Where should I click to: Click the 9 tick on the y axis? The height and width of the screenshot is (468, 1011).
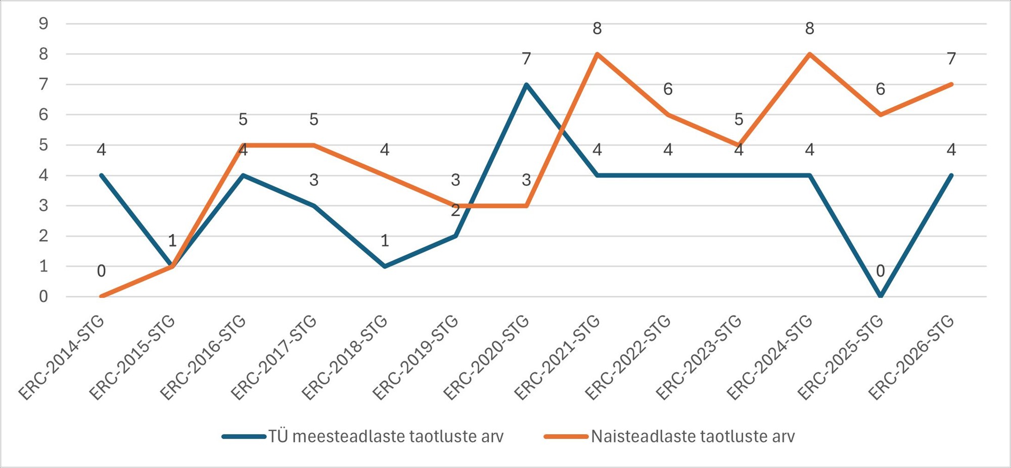(43, 24)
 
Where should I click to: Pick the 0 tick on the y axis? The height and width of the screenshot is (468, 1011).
(43, 297)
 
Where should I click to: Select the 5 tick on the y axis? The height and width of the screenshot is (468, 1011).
(43, 145)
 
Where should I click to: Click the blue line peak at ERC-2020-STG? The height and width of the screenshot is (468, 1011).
(526, 84)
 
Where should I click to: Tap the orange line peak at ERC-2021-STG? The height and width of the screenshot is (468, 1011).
(597, 54)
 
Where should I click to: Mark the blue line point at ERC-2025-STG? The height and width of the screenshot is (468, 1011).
(881, 296)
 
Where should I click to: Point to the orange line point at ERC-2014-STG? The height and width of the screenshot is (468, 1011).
(102, 296)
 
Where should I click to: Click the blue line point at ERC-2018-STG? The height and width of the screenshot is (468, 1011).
(385, 266)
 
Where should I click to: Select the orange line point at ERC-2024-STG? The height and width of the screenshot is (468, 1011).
(810, 54)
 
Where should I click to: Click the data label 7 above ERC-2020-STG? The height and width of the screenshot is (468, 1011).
(526, 59)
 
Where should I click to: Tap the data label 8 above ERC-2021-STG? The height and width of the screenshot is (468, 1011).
(597, 29)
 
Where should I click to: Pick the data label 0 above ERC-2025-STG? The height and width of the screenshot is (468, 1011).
(881, 271)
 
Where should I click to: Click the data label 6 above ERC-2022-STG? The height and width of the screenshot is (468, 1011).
(668, 89)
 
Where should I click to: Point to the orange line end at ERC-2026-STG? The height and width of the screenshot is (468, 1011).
(951, 84)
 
